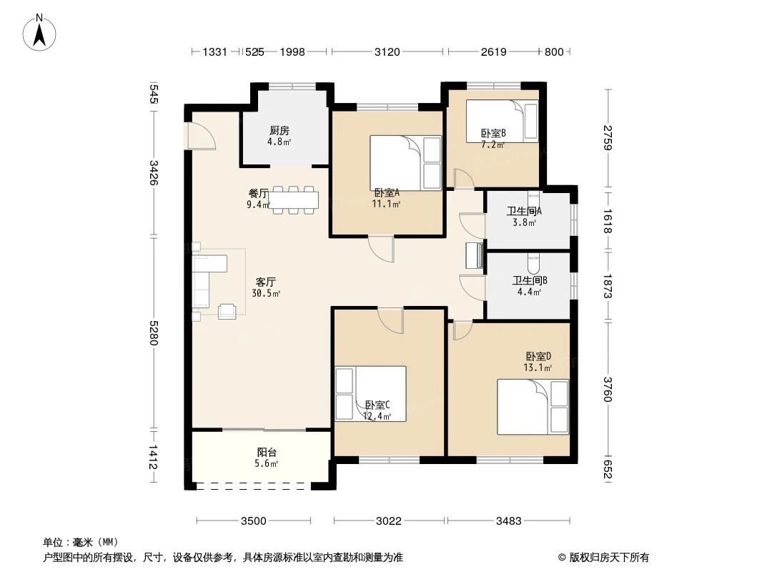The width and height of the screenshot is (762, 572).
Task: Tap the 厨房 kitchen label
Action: coord(279,131)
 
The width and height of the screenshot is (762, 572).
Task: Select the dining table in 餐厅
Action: coord(293,199)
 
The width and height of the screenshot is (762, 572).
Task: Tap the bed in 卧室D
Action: coord(533,407)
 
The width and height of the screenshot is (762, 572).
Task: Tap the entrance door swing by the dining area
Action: coord(200,136)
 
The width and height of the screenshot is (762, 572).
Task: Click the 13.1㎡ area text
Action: coord(538,368)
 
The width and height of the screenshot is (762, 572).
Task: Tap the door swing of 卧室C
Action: coord(390,320)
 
